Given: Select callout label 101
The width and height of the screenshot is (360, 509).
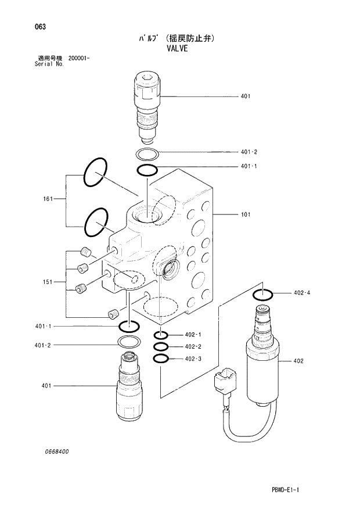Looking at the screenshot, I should click(246, 214).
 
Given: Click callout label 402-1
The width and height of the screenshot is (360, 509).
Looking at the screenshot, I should click(193, 335).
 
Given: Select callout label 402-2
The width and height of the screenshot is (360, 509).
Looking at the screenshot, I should click(193, 347).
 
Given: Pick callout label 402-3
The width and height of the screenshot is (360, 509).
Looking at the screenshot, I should click(193, 359).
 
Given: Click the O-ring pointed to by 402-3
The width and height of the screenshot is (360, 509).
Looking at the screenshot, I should click(161, 359).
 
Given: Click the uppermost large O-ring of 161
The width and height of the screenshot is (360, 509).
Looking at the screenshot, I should click(96, 173).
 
